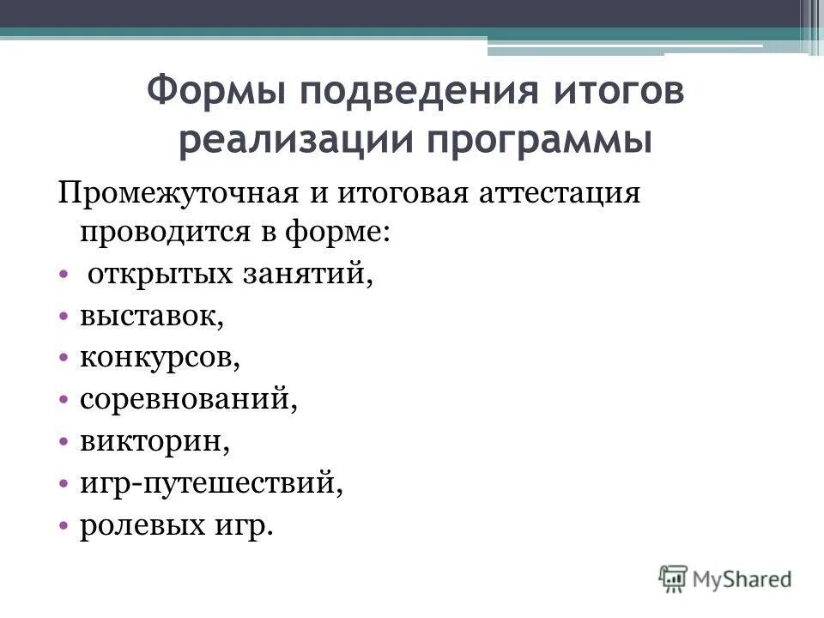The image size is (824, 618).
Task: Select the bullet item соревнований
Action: pyautogui.click(x=189, y=399)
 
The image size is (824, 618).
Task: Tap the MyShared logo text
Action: pyautogui.click(x=742, y=578)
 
